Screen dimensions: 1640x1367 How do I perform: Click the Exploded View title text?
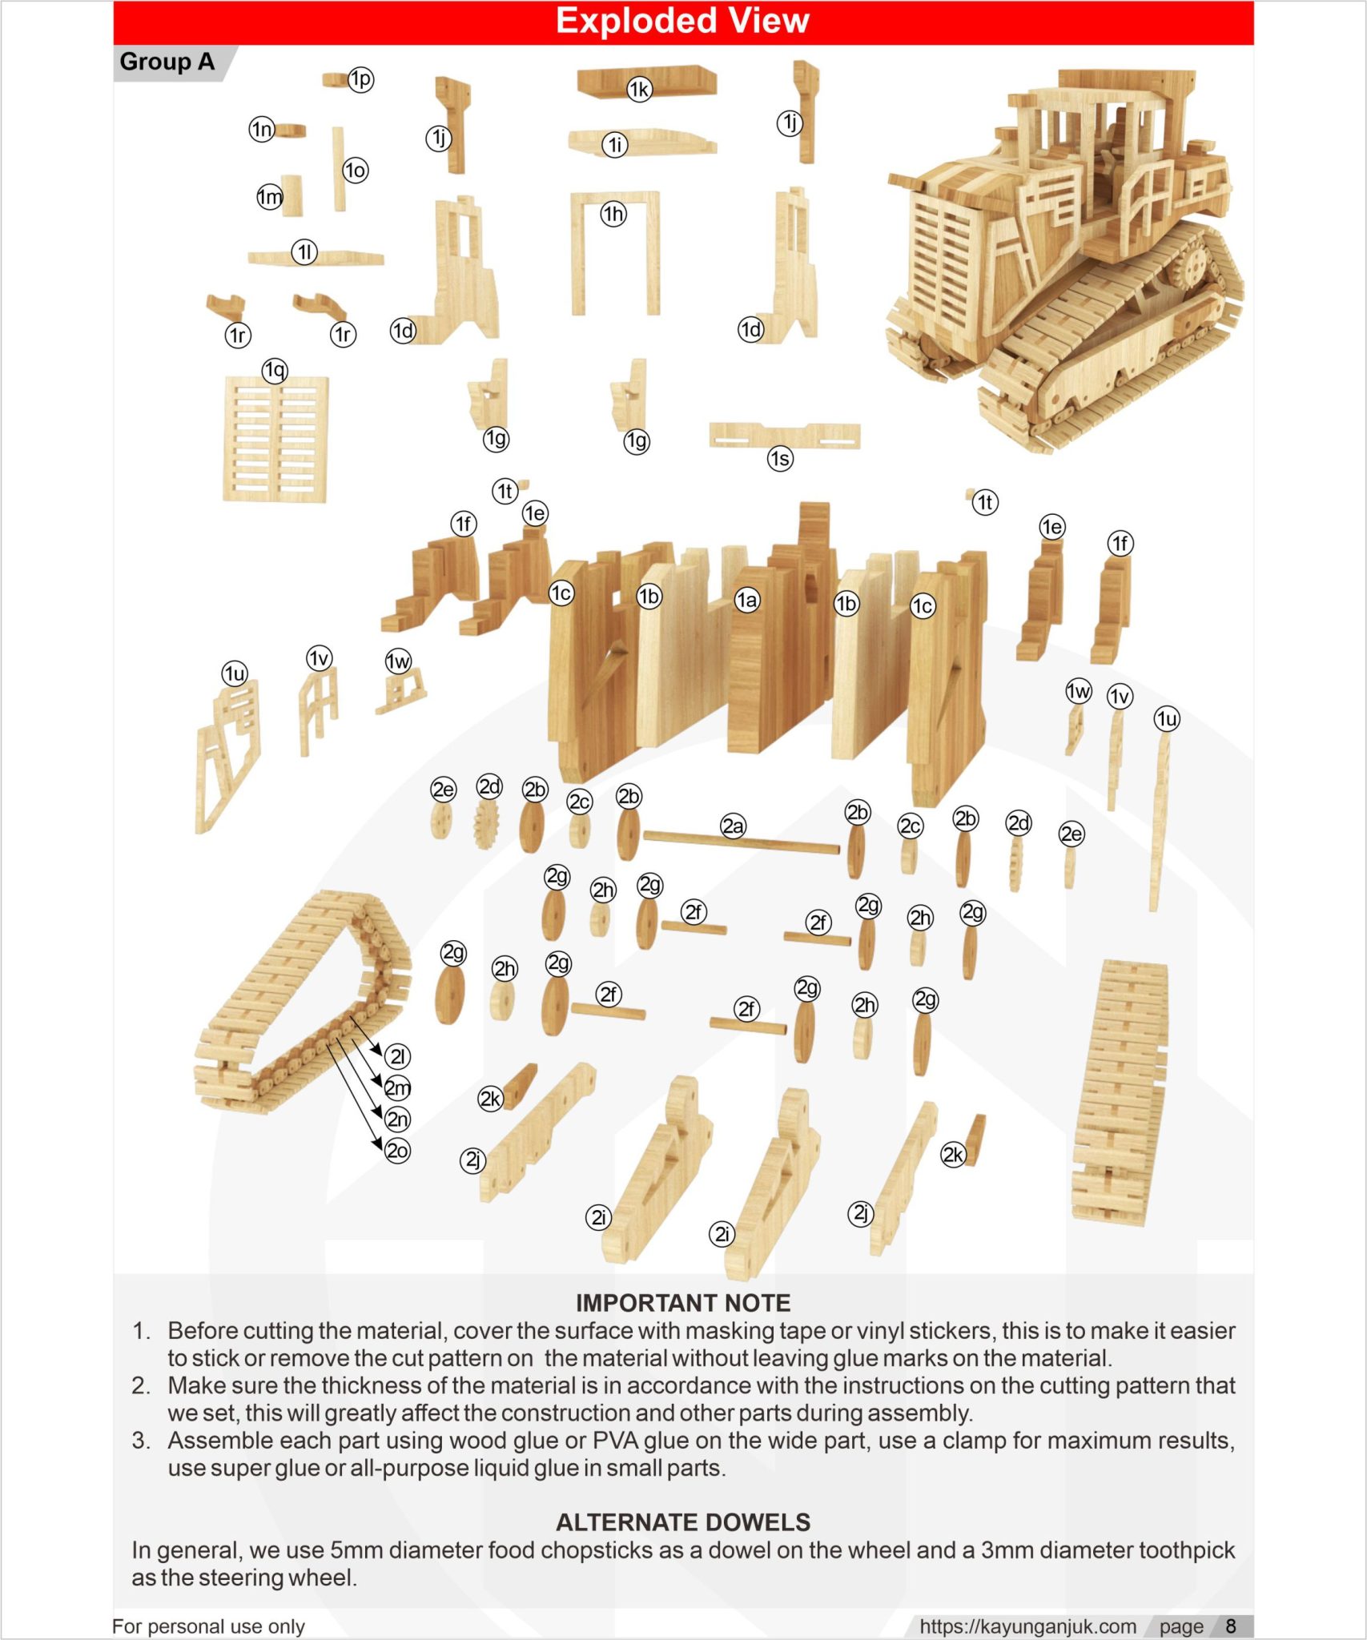(682, 21)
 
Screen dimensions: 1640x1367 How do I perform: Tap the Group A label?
(167, 62)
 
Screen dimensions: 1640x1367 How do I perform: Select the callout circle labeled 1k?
(638, 90)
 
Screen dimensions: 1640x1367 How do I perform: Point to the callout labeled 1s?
(779, 459)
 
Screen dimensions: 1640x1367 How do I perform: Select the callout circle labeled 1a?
(746, 600)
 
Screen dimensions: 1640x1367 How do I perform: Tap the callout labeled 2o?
(397, 1151)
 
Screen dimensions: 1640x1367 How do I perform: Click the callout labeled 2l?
(397, 1056)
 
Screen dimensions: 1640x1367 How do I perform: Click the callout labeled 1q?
(275, 370)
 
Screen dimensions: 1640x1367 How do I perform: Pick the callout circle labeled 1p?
(360, 79)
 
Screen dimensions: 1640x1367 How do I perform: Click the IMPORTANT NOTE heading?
(682, 1303)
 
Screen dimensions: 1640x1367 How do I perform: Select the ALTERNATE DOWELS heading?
(682, 1522)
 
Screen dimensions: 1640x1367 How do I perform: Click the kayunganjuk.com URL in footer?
(1027, 1626)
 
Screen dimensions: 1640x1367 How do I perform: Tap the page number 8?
(1231, 1626)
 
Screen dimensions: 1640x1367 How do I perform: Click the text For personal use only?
(208, 1626)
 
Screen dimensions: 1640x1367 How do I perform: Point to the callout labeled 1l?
(304, 252)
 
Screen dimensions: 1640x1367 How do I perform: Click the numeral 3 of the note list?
(140, 1441)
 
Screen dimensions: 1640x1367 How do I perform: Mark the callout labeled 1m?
(269, 197)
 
